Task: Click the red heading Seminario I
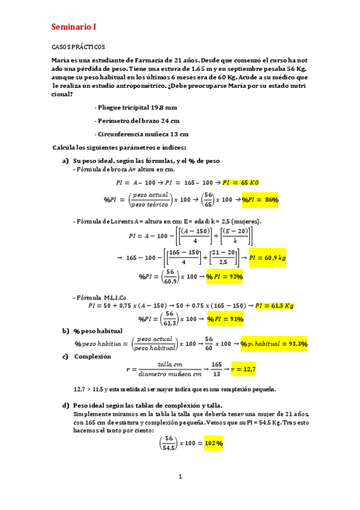(x=73, y=27)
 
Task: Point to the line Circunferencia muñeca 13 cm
(x=142, y=134)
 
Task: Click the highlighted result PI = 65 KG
(x=240, y=182)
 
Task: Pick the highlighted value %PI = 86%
(x=260, y=200)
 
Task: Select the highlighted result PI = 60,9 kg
(x=267, y=257)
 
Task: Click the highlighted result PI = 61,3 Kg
(x=274, y=306)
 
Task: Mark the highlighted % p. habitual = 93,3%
(x=274, y=344)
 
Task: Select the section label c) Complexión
(x=87, y=356)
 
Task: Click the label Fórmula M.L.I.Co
(x=97, y=297)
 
